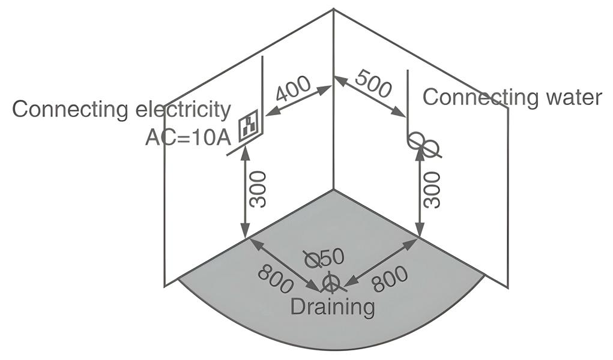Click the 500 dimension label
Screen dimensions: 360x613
coord(373,83)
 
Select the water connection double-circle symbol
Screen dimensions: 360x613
coord(423,144)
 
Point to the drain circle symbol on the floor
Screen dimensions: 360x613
coord(330,283)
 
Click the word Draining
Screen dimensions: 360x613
coord(332,307)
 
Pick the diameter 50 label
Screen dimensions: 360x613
coord(324,259)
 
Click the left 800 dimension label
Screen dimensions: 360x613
coord(276,280)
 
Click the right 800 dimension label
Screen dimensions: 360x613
coord(390,279)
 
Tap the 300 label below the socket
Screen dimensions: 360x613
coord(258,189)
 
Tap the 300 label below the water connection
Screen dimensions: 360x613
coord(432,189)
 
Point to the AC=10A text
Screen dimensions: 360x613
coord(188,137)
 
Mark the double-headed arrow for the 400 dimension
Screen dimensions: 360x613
coord(298,100)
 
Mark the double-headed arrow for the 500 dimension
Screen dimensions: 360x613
coord(369,96)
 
